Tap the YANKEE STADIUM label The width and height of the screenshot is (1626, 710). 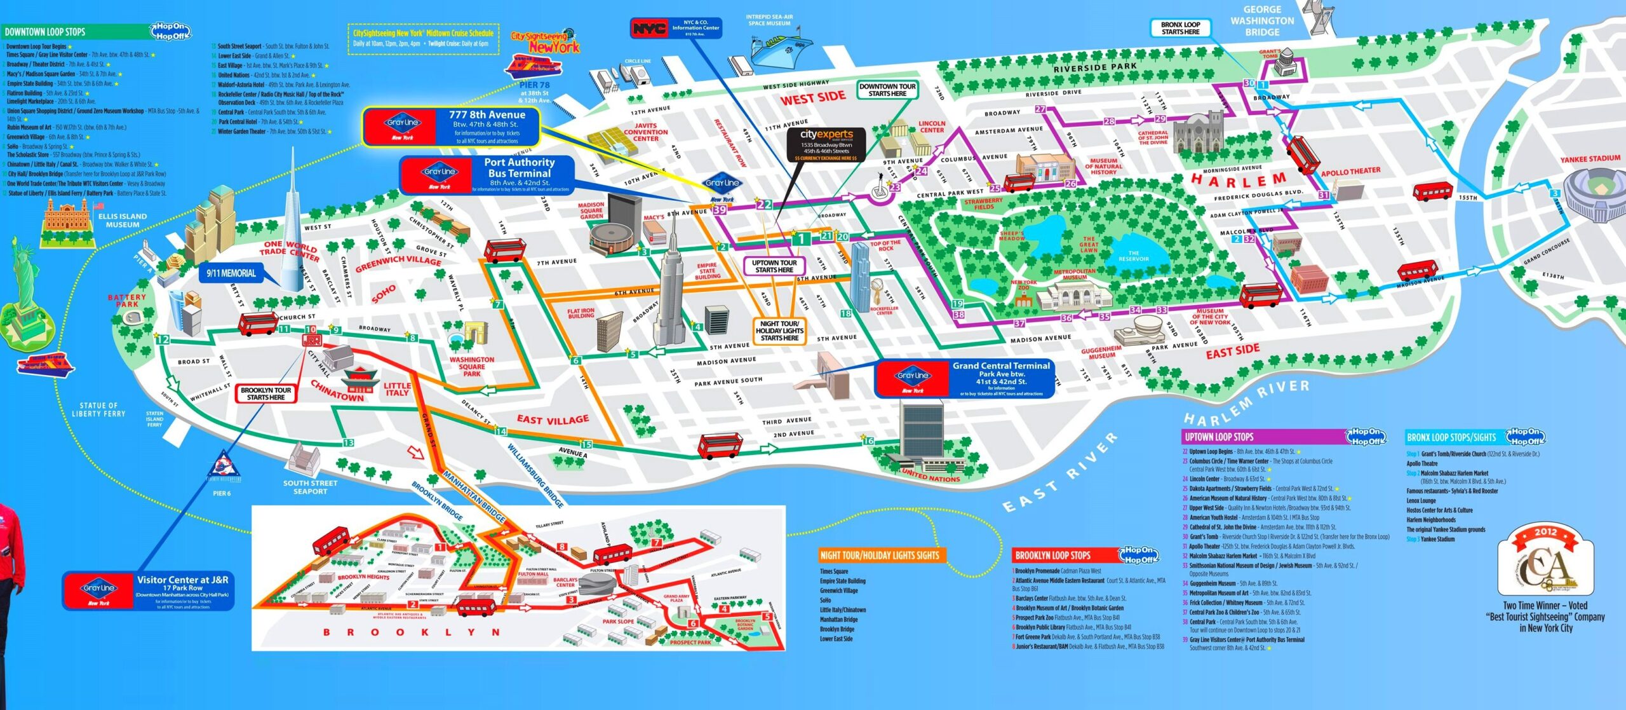click(1590, 159)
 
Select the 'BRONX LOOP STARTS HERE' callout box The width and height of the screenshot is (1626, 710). click(1180, 28)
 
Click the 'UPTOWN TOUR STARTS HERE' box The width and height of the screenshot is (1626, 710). click(774, 266)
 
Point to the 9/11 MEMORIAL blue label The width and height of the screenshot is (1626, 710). click(231, 273)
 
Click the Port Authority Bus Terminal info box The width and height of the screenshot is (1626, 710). click(488, 175)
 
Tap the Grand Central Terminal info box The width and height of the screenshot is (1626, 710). click(964, 379)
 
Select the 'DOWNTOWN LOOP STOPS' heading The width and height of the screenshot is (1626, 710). click(44, 32)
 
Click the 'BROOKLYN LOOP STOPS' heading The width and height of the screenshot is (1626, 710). click(1052, 556)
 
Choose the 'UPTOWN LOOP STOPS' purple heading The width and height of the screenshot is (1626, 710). click(1218, 437)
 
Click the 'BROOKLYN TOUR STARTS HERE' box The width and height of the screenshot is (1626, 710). click(265, 393)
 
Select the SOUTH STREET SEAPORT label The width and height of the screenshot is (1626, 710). click(310, 487)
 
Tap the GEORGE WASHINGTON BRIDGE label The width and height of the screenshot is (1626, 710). click(1261, 20)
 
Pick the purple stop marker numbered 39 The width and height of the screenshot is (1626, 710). click(719, 210)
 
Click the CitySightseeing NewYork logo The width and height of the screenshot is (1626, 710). click(545, 42)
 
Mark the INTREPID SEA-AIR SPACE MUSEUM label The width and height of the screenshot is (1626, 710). click(769, 20)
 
